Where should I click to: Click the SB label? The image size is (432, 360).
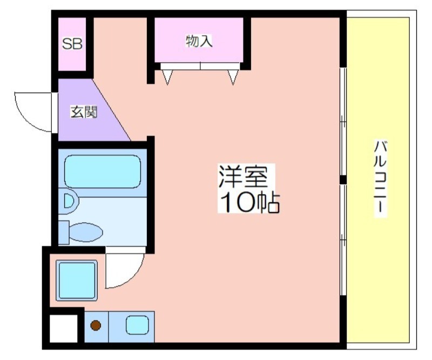click(72, 44)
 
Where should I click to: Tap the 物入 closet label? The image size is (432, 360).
click(199, 41)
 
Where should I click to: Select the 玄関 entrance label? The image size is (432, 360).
click(84, 112)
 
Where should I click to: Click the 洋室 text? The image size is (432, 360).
click(243, 177)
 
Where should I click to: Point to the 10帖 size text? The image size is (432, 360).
click(249, 203)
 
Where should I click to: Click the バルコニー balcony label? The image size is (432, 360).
click(380, 177)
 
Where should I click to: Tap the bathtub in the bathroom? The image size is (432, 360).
click(103, 171)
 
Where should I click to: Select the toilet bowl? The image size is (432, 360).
click(86, 232)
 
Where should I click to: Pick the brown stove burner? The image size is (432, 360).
click(96, 325)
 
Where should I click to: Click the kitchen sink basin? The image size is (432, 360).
click(137, 325)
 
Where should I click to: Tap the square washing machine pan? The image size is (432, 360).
click(77, 281)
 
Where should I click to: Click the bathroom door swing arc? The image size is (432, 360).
click(133, 276)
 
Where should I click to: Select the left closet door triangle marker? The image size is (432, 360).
click(167, 77)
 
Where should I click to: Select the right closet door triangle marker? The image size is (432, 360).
click(233, 77)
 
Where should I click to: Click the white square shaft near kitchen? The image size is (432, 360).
click(63, 328)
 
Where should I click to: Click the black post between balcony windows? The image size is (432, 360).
click(343, 180)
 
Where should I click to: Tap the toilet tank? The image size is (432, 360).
click(64, 232)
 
